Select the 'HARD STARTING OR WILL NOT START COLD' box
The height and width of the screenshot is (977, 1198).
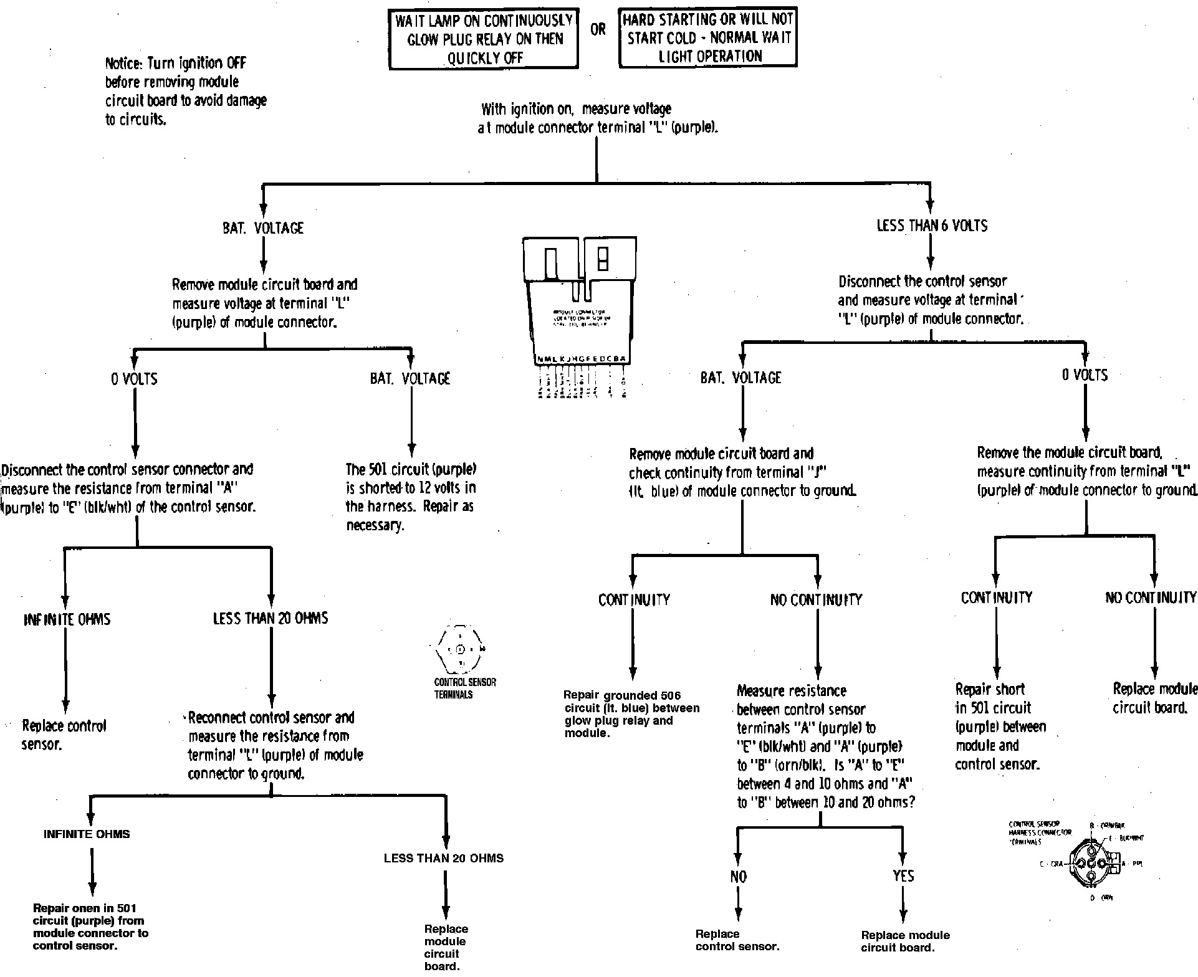click(707, 37)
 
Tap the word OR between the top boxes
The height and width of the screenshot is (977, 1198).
click(598, 30)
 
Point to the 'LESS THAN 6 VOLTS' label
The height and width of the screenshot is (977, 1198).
click(931, 226)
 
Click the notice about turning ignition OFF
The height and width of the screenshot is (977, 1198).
click(185, 91)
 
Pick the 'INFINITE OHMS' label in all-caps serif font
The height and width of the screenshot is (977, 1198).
click(67, 619)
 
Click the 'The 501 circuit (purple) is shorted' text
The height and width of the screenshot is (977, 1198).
click(411, 497)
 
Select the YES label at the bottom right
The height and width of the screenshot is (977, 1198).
click(903, 876)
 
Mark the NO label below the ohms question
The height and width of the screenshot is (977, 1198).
click(738, 877)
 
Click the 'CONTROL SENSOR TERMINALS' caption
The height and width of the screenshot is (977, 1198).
click(465, 688)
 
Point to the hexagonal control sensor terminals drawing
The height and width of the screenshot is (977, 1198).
click(461, 649)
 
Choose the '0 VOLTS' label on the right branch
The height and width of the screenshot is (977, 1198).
click(1085, 375)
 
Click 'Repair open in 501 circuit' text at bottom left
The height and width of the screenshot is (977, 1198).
click(90, 927)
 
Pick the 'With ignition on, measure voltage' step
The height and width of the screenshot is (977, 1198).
click(597, 118)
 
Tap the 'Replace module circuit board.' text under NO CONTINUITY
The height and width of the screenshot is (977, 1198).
click(1155, 698)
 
